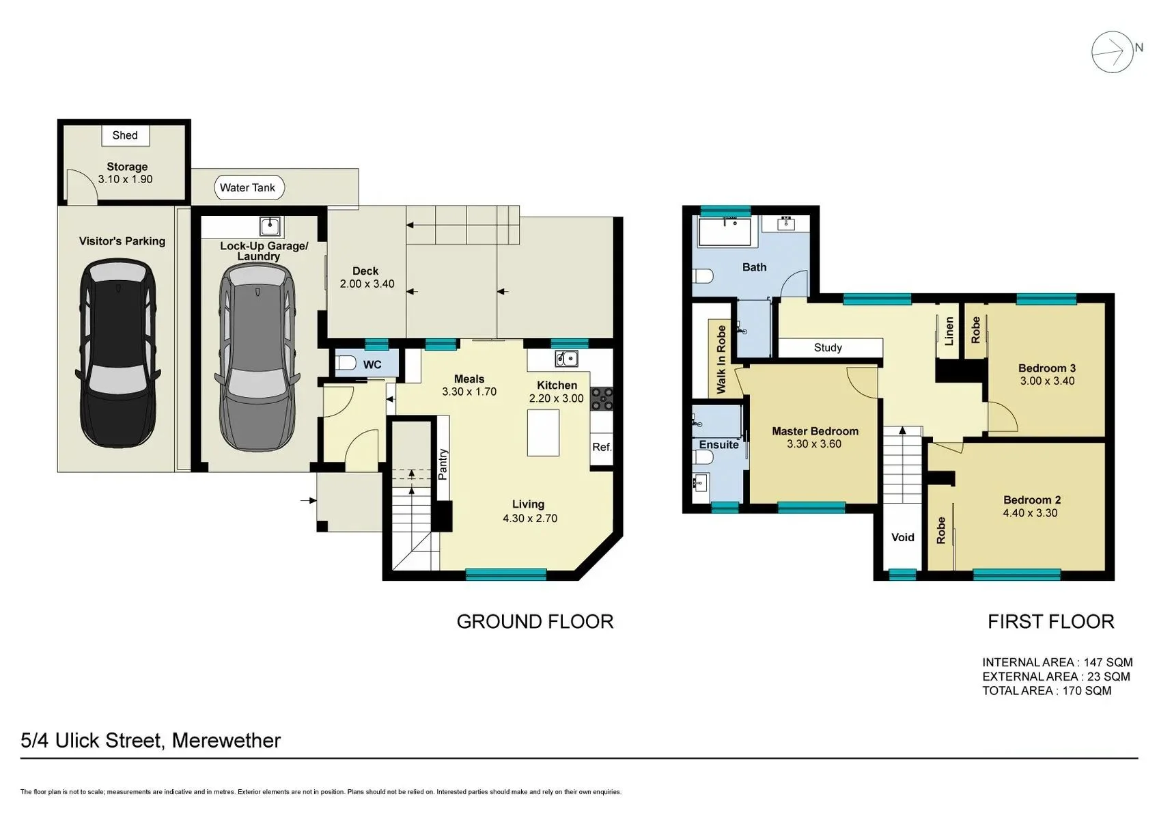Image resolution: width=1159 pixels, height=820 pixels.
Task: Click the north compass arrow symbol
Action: (x=1113, y=52)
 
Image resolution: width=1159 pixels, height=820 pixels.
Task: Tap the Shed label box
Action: (x=125, y=135)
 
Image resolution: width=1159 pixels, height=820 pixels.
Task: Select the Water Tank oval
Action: (x=249, y=187)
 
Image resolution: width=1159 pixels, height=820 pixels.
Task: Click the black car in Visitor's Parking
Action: (x=118, y=353)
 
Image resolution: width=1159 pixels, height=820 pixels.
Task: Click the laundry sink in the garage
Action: (x=270, y=227)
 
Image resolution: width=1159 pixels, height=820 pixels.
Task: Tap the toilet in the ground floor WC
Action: (x=345, y=363)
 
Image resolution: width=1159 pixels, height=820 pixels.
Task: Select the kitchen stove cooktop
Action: (x=601, y=398)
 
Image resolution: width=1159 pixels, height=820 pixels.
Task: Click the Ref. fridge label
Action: (x=602, y=447)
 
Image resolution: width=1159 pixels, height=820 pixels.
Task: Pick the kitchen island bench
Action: (x=543, y=433)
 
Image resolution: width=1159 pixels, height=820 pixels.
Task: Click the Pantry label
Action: (x=443, y=465)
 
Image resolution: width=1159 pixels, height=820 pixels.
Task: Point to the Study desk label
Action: (x=828, y=347)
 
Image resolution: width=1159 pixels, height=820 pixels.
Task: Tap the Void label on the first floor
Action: (x=903, y=537)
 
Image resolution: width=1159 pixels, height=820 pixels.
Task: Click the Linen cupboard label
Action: (x=949, y=331)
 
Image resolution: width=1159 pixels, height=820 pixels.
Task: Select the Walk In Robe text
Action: (x=721, y=359)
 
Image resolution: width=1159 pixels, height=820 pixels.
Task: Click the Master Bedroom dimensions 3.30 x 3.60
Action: (x=814, y=443)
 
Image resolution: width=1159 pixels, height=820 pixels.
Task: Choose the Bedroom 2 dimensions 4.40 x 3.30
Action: (x=1030, y=513)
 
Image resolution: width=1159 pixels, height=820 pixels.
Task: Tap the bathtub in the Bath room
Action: (x=725, y=232)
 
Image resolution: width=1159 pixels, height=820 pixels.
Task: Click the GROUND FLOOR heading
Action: (x=535, y=622)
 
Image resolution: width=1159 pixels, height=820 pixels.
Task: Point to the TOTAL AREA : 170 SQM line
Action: (x=1047, y=691)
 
